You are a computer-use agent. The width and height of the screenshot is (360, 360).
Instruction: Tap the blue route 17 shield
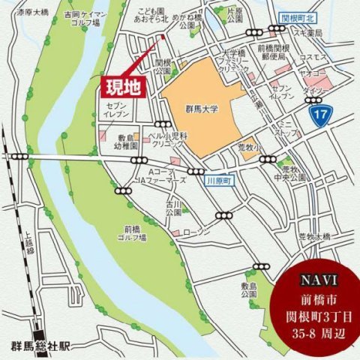(x=319, y=115)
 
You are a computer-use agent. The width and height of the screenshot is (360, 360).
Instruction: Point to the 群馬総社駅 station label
(x=40, y=346)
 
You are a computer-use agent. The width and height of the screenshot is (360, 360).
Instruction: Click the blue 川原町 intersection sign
(x=215, y=181)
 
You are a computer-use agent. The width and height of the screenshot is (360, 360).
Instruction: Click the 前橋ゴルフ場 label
(x=136, y=233)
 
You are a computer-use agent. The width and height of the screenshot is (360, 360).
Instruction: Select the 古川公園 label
(x=174, y=208)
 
